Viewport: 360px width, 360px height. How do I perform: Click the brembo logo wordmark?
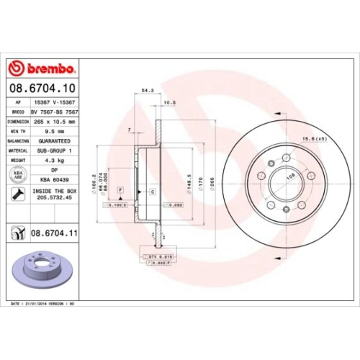(x=45, y=68)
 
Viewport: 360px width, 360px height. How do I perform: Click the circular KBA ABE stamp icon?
(x=16, y=175)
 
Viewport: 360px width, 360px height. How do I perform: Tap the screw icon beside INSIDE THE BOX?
(x=16, y=194)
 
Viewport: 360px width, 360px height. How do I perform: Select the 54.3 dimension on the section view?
(x=148, y=91)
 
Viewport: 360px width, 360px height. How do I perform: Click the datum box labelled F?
(x=120, y=189)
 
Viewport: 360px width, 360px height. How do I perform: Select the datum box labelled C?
(x=152, y=191)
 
